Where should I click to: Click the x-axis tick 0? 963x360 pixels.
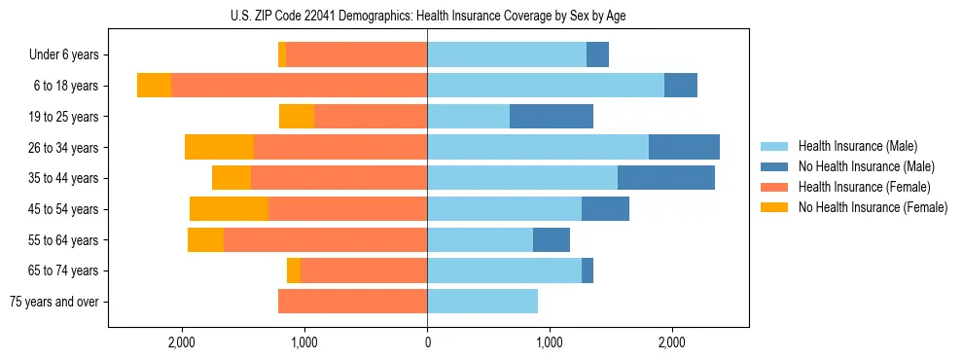[427, 342]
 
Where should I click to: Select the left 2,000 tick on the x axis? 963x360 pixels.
[182, 342]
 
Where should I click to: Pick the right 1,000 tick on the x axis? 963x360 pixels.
[550, 342]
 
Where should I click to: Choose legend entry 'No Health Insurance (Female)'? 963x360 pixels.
[873, 207]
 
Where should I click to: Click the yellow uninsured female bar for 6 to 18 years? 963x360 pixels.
[154, 86]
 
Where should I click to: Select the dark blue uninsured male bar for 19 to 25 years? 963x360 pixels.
[552, 117]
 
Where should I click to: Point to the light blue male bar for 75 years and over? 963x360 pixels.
[482, 302]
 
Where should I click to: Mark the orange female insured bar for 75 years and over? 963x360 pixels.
[352, 302]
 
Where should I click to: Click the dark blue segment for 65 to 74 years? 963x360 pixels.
[588, 270]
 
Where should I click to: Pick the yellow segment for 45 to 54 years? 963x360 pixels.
[229, 209]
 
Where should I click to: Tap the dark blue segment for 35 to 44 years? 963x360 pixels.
[666, 178]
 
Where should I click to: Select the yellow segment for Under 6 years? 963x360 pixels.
[282, 54]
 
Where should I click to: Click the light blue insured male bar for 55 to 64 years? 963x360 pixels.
[480, 239]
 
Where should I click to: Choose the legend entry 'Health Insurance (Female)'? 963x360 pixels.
[864, 187]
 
